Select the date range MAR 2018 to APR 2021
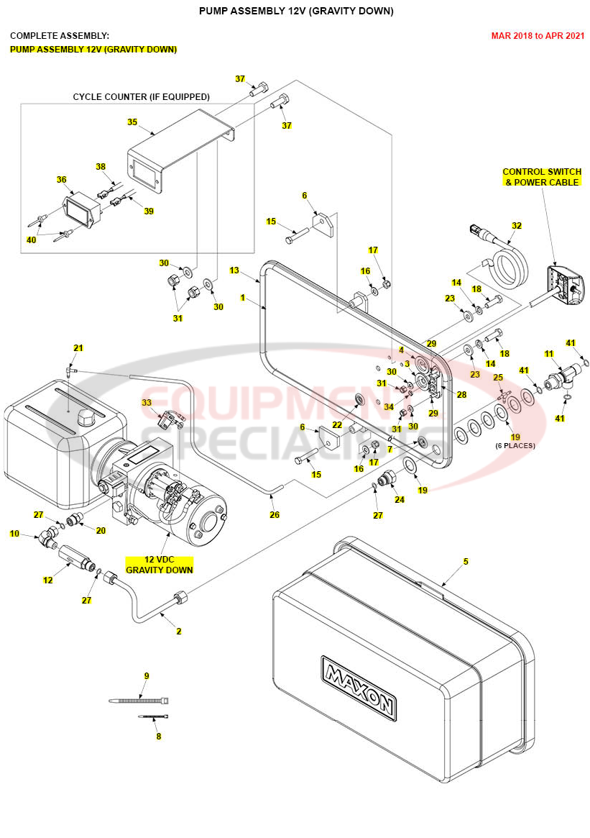(537, 35)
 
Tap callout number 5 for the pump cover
(466, 561)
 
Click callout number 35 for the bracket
(132, 122)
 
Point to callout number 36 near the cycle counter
(61, 180)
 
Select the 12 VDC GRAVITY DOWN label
(160, 565)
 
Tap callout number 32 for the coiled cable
(516, 225)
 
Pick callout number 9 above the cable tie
(147, 675)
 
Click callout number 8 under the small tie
(159, 737)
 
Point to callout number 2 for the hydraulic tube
(179, 631)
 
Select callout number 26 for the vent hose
(274, 514)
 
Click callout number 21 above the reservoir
(78, 347)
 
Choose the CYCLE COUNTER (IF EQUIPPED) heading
(142, 96)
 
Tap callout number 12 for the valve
(48, 580)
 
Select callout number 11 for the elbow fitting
(549, 354)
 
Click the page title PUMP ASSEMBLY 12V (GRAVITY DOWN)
(295, 11)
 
